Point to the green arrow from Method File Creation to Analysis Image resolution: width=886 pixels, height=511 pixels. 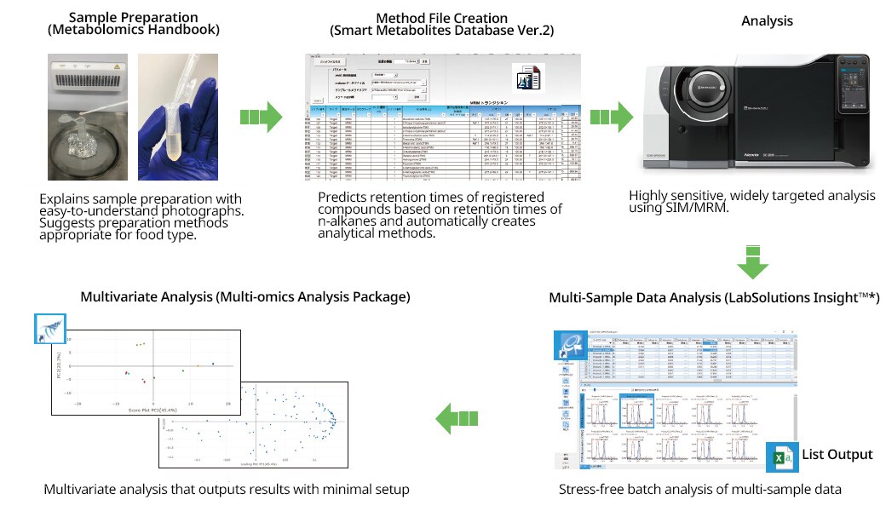612,118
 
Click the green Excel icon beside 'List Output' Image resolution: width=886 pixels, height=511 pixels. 780,456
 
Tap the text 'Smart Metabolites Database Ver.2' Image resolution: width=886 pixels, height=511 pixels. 441,31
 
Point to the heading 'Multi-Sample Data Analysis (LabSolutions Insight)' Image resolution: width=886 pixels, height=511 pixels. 712,297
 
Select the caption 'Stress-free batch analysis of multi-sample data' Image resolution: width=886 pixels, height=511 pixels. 700,490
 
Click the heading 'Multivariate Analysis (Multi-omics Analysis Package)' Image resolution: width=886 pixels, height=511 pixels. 245,297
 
